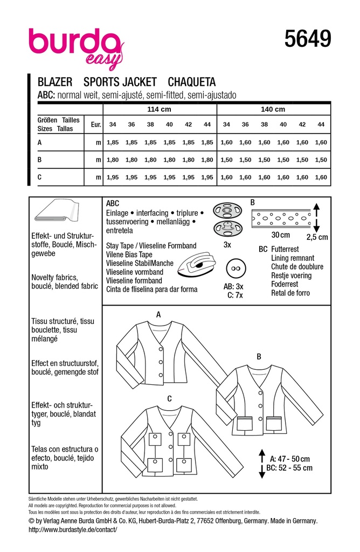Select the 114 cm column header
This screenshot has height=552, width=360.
159,109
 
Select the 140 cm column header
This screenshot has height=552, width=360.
273,109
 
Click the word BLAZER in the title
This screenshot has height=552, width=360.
56,82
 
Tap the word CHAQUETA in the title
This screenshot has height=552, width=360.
192,82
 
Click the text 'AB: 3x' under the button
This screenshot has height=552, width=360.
234,287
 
